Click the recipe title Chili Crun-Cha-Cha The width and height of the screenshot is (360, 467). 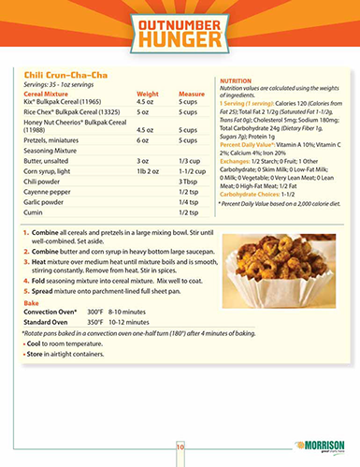(57, 74)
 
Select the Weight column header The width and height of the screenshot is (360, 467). (148, 94)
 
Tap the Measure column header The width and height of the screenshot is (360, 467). (192, 94)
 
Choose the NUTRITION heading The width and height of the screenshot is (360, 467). (235, 82)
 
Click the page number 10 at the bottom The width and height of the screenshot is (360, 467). (180, 448)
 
